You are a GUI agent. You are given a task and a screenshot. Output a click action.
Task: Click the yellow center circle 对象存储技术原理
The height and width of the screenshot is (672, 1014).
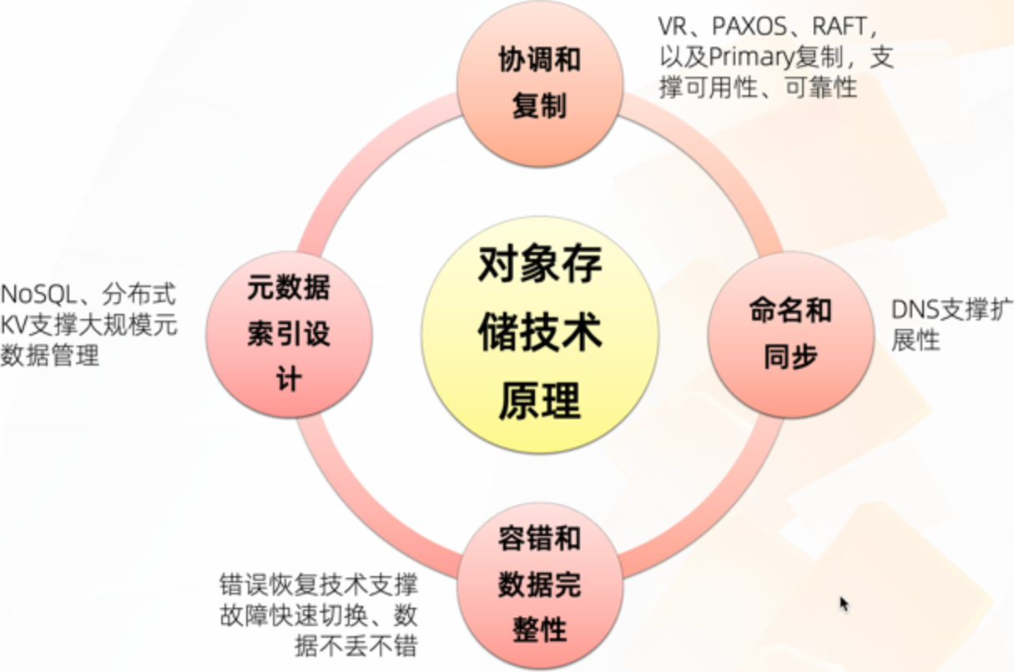point(539,334)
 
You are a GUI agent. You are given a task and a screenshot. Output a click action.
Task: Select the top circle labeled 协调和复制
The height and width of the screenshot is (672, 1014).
point(539,83)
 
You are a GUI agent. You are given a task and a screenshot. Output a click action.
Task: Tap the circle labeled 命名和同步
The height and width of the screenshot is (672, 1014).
point(790,334)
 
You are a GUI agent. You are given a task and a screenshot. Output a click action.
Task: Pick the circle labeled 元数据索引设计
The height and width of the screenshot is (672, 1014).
point(289,334)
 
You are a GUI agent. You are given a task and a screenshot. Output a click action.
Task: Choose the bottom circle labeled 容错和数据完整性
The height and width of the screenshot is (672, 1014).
point(539,584)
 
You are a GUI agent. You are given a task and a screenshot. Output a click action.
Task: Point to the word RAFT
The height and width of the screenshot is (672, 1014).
point(838,28)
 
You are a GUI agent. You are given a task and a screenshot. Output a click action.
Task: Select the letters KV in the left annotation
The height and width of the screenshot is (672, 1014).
point(14,325)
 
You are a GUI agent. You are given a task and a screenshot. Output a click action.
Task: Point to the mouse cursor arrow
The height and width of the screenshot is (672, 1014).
point(844,603)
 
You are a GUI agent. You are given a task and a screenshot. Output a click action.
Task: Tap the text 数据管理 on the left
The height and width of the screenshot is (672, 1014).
point(50,356)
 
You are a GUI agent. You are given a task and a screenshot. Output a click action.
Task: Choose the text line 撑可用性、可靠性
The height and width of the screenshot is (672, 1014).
point(758,88)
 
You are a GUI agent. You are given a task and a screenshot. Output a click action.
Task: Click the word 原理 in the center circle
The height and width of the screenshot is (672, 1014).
point(539,402)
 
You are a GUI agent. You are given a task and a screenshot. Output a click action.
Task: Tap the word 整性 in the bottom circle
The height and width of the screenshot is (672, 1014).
point(539,629)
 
